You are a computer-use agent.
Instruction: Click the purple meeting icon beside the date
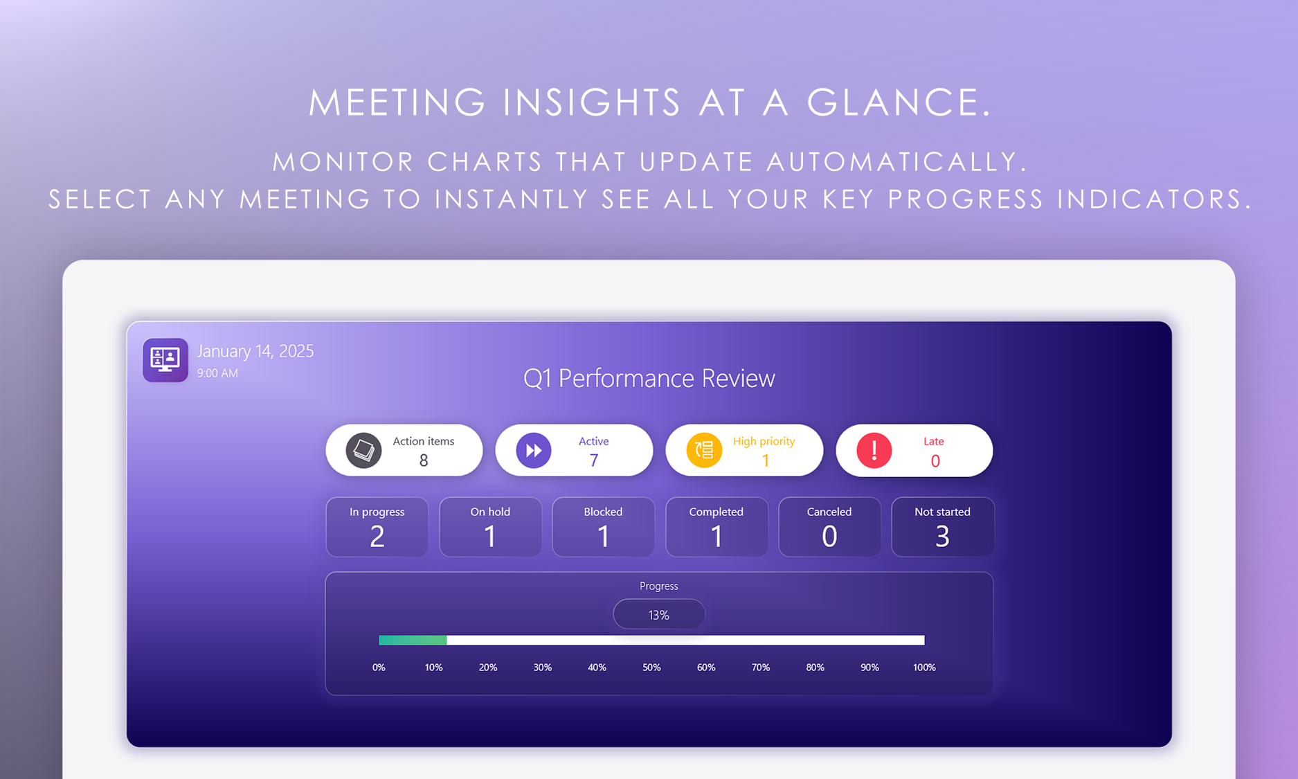165,360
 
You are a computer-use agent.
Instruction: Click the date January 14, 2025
255,351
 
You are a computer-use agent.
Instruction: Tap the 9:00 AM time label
217,373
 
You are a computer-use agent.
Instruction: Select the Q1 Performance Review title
649,378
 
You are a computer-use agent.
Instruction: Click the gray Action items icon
363,451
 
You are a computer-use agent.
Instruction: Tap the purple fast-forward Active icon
534,451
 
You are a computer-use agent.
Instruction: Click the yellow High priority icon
704,451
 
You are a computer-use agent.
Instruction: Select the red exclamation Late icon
874,451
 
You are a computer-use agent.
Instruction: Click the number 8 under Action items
424,460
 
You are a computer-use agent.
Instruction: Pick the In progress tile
377,527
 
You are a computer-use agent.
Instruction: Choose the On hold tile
490,527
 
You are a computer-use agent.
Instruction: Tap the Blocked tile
603,527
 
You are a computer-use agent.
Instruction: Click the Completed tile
716,527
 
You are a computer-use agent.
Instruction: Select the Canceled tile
829,527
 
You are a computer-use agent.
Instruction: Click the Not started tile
943,527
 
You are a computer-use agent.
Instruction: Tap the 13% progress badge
659,615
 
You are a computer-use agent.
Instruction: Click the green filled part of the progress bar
413,641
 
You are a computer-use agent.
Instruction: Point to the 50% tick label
651,668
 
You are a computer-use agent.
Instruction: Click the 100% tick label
924,668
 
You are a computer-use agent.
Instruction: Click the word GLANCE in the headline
900,102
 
